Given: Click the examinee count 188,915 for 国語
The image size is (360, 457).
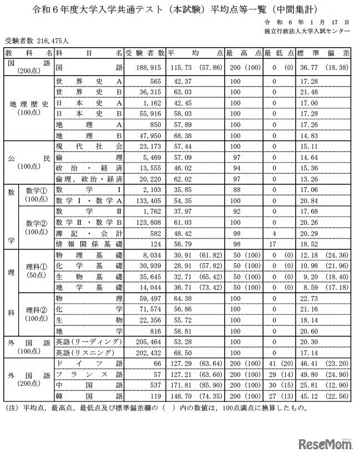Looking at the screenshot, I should point(148,66).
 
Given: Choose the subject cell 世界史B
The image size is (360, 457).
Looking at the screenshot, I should point(89,92).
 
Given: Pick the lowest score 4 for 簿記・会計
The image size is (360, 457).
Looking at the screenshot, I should point(274,232).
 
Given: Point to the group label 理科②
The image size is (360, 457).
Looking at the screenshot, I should point(37,309).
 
